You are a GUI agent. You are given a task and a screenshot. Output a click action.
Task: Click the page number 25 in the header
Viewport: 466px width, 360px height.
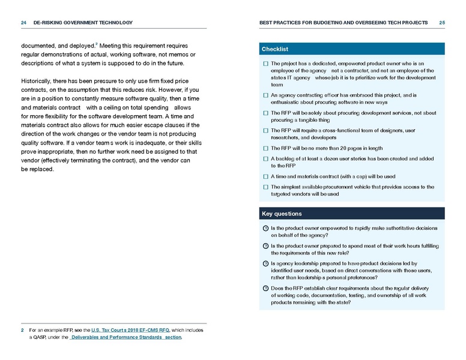pyautogui.click(x=441, y=23)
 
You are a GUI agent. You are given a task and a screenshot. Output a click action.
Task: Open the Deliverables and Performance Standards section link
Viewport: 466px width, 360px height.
pyautogui.click(x=126, y=337)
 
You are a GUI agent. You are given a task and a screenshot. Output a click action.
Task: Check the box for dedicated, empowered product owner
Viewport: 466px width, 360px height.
pyautogui.click(x=265, y=63)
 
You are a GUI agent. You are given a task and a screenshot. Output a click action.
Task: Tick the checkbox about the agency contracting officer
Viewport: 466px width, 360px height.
pyautogui.click(x=265, y=95)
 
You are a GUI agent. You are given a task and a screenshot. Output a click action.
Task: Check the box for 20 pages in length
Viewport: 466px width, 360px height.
pyautogui.click(x=265, y=148)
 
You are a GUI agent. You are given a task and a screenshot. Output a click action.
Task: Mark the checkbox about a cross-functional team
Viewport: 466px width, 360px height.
pyautogui.click(x=265, y=130)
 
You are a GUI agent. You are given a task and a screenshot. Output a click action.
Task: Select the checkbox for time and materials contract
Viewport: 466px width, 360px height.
pyautogui.click(x=265, y=177)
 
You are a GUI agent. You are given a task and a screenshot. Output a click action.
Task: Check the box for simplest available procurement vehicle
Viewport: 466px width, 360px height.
pyautogui.click(x=265, y=187)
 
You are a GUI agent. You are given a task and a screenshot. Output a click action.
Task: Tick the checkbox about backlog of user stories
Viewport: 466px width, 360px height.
pyautogui.click(x=265, y=159)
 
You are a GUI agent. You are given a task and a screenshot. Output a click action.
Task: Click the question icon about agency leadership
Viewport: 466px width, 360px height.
pyautogui.click(x=265, y=263)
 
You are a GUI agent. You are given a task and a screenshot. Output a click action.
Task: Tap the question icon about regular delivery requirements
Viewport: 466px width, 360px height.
pyautogui.click(x=265, y=289)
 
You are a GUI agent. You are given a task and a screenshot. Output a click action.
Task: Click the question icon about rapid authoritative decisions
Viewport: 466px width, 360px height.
pyautogui.click(x=265, y=229)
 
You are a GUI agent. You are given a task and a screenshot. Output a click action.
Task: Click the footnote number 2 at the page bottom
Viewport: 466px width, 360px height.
pyautogui.click(x=22, y=330)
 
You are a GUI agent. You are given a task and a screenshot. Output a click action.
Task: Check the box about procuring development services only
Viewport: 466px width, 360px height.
pyautogui.click(x=265, y=112)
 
